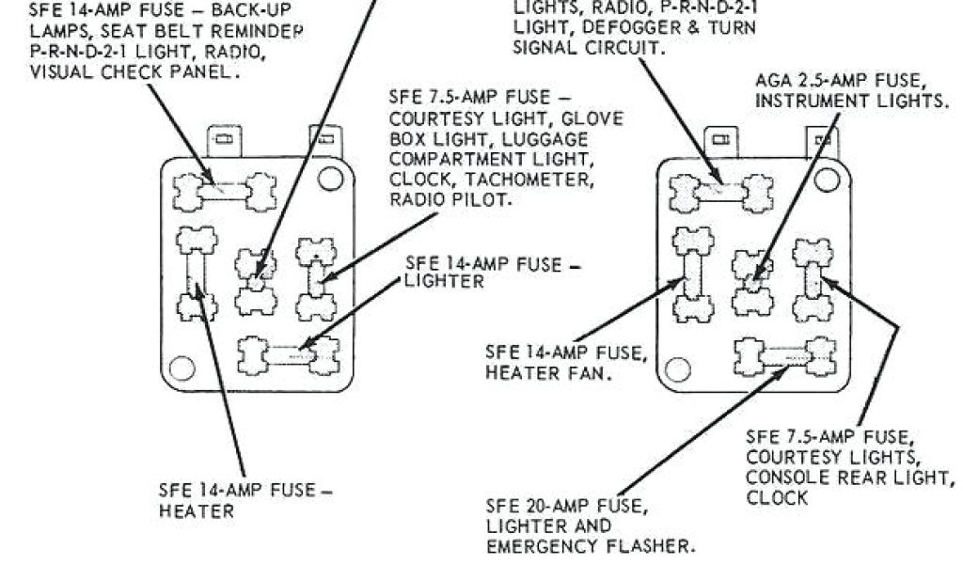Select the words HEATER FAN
click(x=545, y=372)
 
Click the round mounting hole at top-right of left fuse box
click(x=328, y=178)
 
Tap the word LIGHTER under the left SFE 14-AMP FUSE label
click(x=445, y=281)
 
